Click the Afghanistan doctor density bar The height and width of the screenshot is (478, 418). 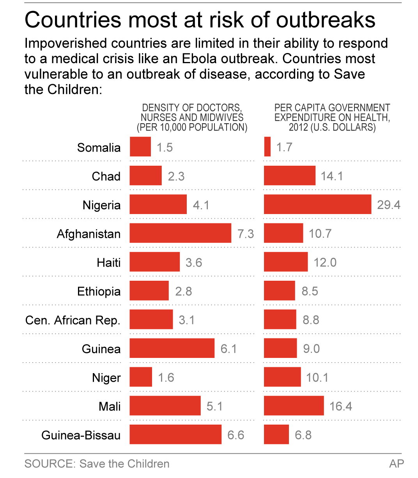(x=180, y=233)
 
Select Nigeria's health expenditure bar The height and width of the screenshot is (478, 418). (x=317, y=205)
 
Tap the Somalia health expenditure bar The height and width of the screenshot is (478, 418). (x=267, y=147)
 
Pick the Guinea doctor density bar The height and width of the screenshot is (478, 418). (x=172, y=348)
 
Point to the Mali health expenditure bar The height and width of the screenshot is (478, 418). (x=294, y=406)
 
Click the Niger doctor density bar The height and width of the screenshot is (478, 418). (x=141, y=377)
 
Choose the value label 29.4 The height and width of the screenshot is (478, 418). (x=388, y=205)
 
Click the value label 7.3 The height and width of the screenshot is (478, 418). (x=246, y=234)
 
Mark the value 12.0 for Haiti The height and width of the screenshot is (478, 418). (x=325, y=262)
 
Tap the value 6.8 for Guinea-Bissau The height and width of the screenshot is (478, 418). (x=303, y=435)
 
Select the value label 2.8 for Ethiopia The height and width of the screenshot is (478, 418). (x=183, y=291)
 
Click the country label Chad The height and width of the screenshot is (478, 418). (x=106, y=176)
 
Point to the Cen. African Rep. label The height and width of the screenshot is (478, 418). (x=73, y=320)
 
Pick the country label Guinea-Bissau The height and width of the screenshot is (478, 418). (x=81, y=435)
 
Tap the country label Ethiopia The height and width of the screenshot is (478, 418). (x=99, y=291)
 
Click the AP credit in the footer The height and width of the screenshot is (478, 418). (x=397, y=464)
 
